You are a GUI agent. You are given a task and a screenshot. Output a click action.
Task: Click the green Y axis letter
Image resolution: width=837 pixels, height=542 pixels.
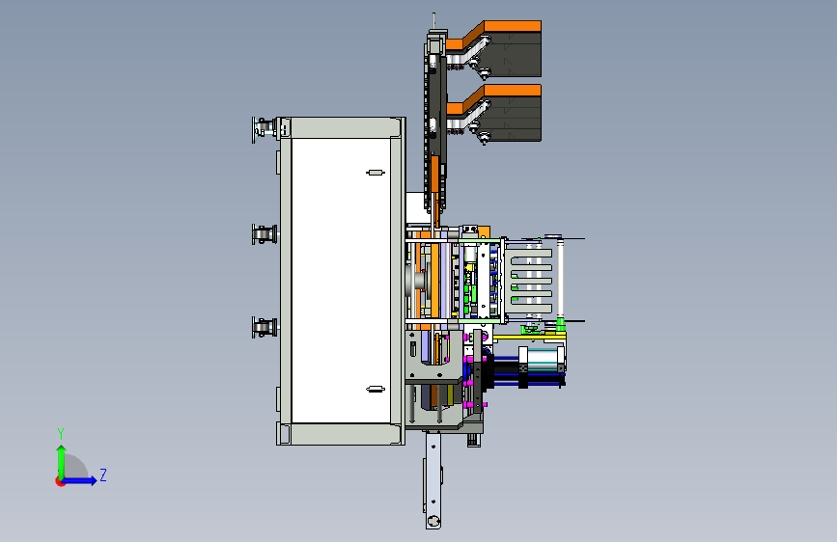(61, 434)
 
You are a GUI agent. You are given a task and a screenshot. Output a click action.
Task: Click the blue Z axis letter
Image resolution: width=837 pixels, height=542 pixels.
(103, 474)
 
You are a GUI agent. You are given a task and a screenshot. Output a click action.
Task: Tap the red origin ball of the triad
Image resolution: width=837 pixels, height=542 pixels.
(60, 481)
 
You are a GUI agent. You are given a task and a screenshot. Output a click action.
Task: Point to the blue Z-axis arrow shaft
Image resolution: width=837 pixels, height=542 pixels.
(78, 480)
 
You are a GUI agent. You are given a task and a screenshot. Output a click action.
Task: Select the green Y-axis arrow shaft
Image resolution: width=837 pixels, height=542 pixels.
(62, 464)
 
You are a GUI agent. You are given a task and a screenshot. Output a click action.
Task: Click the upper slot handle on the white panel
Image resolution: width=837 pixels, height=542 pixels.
(376, 173)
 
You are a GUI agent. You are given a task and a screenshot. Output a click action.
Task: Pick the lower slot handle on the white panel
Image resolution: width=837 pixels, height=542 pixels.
(376, 390)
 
